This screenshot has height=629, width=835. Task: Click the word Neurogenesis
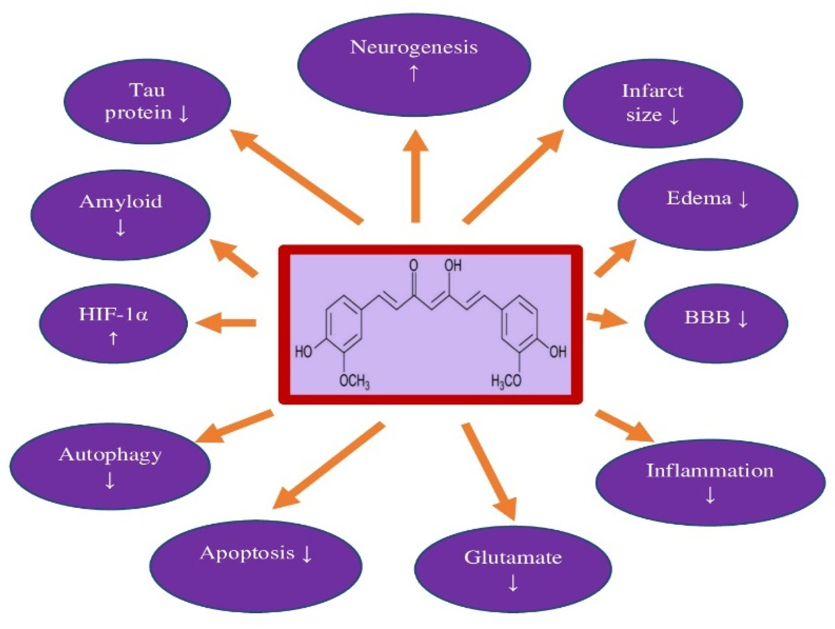pos(414,48)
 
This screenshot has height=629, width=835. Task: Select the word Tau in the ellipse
pos(147,90)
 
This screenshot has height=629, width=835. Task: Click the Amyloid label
pos(120,201)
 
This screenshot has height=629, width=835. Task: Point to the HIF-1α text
pos(113,314)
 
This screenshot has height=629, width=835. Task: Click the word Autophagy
pos(110,455)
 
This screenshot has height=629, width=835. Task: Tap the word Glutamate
pos(513,557)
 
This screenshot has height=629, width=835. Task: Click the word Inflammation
pos(710,471)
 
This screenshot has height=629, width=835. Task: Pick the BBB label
pos(707,318)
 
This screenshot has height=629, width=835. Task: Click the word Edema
pos(699,199)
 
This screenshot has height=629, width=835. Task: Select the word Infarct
pos(652,91)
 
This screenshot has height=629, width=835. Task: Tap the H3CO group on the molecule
pos(506,381)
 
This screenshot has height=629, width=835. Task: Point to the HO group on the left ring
pos(304,352)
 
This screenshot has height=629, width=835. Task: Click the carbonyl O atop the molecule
pos(414,265)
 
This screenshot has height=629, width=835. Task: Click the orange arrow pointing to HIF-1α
pos(226,323)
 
